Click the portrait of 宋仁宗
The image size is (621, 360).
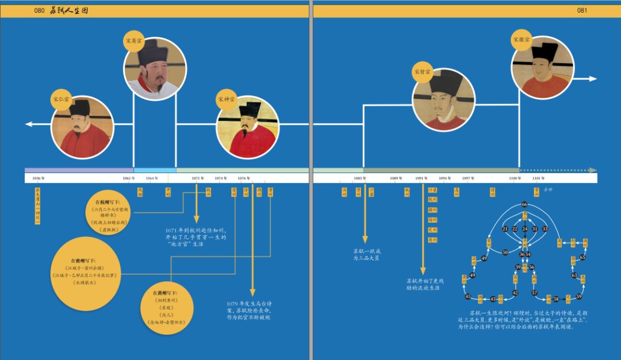point(80,128)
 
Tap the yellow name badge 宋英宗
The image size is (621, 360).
point(133,41)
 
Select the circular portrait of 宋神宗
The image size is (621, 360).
point(247,127)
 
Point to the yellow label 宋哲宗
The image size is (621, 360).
point(421,72)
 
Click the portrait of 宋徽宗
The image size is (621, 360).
point(542,67)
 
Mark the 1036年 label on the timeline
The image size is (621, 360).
point(39,178)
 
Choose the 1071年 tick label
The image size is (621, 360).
point(198,178)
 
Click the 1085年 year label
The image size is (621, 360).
point(360,178)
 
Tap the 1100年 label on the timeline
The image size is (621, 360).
point(515,178)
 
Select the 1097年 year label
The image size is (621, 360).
point(468,178)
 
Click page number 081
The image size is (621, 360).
point(582,10)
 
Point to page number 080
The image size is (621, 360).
point(40,10)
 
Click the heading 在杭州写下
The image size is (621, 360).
point(109,203)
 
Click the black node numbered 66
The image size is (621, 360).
point(524,205)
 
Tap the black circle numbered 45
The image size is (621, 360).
point(467,297)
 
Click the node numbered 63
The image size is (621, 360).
point(574,275)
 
